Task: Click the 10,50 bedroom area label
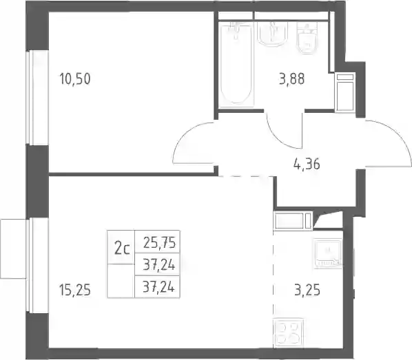[x=75, y=78]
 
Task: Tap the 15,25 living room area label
[x=75, y=290]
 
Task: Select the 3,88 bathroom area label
[x=292, y=78]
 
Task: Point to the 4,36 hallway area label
[x=307, y=165]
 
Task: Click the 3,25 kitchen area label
[x=307, y=290]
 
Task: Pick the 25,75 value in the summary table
[x=159, y=242]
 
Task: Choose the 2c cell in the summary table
[x=122, y=248]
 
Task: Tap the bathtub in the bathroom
[x=236, y=64]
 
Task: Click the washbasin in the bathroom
[x=273, y=34]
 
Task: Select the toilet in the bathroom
[x=307, y=38]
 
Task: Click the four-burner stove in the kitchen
[x=289, y=333]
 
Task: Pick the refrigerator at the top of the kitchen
[x=293, y=220]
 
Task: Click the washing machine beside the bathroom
[x=345, y=92]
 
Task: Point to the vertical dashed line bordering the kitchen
[x=274, y=289]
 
